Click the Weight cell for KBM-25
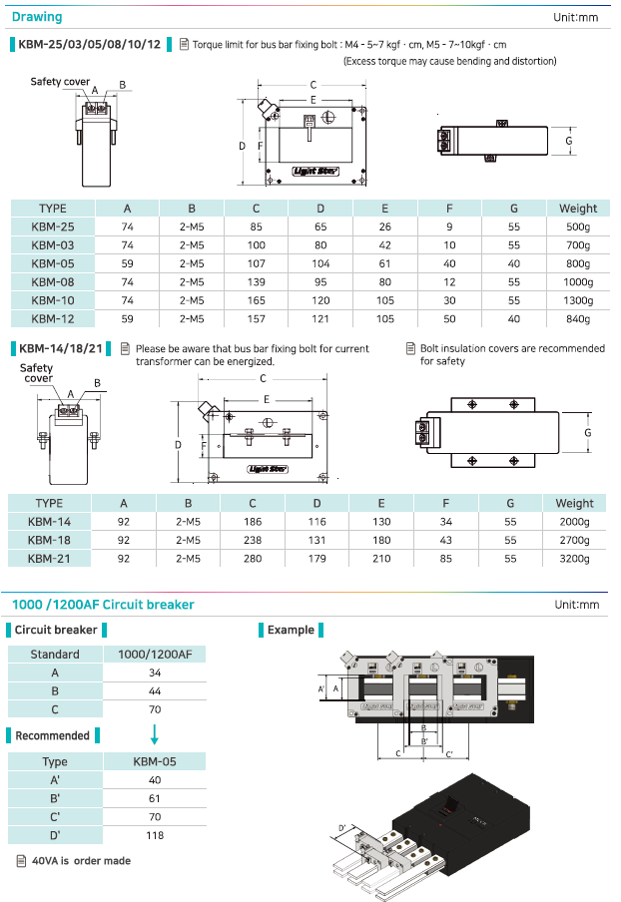578,226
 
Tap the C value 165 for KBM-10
256,300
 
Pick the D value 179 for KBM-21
319,559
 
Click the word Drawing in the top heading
37,17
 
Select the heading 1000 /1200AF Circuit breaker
103,605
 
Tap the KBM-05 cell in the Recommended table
155,761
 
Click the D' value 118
155,835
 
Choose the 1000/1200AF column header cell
155,655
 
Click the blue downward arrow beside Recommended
155,735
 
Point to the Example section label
291,630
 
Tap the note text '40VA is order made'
81,861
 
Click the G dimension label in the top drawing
568,142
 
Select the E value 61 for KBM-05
384,263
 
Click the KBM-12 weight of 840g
578,319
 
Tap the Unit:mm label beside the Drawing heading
575,17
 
